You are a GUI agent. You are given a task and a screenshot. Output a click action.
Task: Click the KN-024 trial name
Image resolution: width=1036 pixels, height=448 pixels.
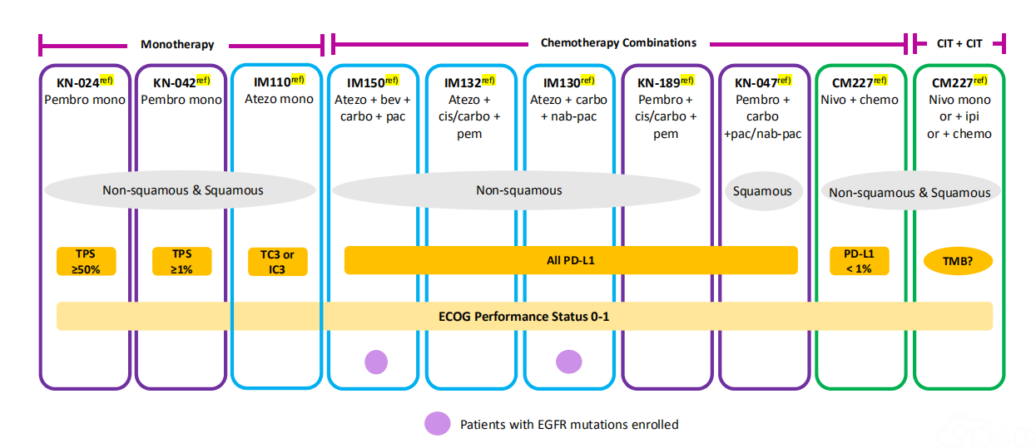(x=77, y=82)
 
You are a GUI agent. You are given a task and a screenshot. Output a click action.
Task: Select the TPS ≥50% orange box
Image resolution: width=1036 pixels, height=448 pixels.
(x=86, y=262)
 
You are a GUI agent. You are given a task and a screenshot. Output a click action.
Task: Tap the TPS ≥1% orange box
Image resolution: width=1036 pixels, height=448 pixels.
(x=181, y=262)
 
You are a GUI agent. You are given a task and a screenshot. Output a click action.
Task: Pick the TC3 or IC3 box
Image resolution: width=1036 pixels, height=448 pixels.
(x=277, y=262)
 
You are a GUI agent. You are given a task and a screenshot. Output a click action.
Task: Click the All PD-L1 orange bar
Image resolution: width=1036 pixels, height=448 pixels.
(x=571, y=260)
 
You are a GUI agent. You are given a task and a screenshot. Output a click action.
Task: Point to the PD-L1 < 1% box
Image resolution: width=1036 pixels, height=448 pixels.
(x=860, y=261)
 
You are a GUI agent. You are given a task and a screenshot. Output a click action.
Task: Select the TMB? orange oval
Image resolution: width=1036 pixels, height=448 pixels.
(x=958, y=261)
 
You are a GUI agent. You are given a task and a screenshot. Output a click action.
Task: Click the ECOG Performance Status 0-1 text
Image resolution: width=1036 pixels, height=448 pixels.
(x=523, y=317)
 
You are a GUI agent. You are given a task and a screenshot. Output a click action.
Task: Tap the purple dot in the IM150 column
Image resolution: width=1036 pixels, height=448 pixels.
(x=376, y=362)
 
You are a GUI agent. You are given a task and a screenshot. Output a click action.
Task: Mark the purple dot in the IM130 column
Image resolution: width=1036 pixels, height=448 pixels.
(x=569, y=362)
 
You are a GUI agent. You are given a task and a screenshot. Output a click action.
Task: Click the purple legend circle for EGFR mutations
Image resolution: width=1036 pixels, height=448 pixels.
(x=438, y=424)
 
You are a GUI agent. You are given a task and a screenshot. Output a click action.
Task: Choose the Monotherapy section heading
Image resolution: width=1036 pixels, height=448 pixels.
(x=177, y=44)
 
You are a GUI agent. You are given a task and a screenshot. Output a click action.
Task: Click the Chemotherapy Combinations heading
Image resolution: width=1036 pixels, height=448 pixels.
(x=618, y=43)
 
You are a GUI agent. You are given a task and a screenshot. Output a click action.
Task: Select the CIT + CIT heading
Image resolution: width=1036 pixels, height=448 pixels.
(x=959, y=43)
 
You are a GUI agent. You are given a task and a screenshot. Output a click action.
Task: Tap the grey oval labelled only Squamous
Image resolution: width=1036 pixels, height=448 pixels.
(x=763, y=190)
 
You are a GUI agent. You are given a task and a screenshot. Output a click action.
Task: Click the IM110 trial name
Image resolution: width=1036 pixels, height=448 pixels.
(x=272, y=81)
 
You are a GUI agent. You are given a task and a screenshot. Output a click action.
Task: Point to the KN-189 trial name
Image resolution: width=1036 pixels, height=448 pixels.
(x=658, y=82)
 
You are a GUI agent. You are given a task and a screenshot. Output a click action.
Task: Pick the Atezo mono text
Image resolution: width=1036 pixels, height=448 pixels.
(x=279, y=99)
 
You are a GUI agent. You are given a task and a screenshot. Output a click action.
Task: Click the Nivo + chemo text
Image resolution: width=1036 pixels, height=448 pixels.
(x=860, y=100)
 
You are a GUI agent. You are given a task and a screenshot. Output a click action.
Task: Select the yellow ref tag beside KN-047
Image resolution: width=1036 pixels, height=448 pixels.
(x=785, y=81)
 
